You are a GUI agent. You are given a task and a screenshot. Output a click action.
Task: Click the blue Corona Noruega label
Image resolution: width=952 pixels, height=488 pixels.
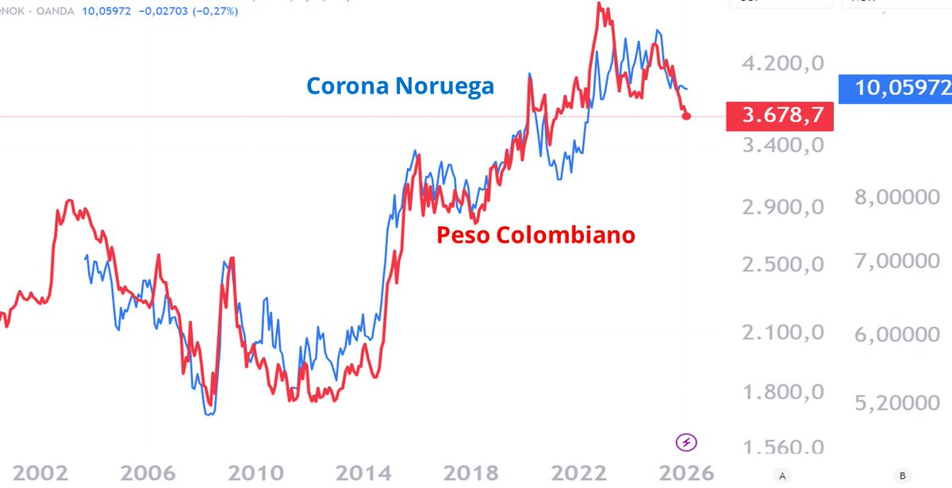pos(400,86)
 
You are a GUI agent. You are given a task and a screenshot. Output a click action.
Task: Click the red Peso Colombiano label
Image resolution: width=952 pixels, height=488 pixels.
pos(535,235)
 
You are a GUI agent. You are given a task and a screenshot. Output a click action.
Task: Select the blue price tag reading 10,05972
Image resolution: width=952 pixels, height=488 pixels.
pos(895,87)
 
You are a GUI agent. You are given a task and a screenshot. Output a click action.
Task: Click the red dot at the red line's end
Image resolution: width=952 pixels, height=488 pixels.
pos(687,116)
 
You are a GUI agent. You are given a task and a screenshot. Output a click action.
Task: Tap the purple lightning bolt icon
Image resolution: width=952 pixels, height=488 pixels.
pos(685,442)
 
